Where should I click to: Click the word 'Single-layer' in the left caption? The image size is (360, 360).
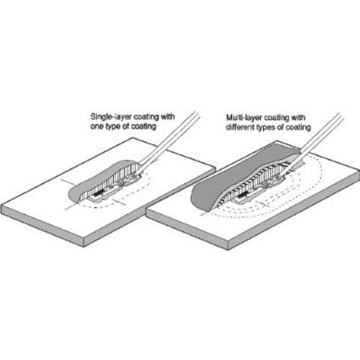tap(111, 117)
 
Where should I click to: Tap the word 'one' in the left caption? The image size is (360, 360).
tap(97, 126)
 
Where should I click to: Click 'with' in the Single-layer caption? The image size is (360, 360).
tap(167, 117)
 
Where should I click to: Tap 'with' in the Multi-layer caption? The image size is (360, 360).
tap(298, 117)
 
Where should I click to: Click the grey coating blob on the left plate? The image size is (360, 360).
tap(96, 182)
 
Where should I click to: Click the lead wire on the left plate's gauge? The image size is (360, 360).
tap(170, 142)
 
